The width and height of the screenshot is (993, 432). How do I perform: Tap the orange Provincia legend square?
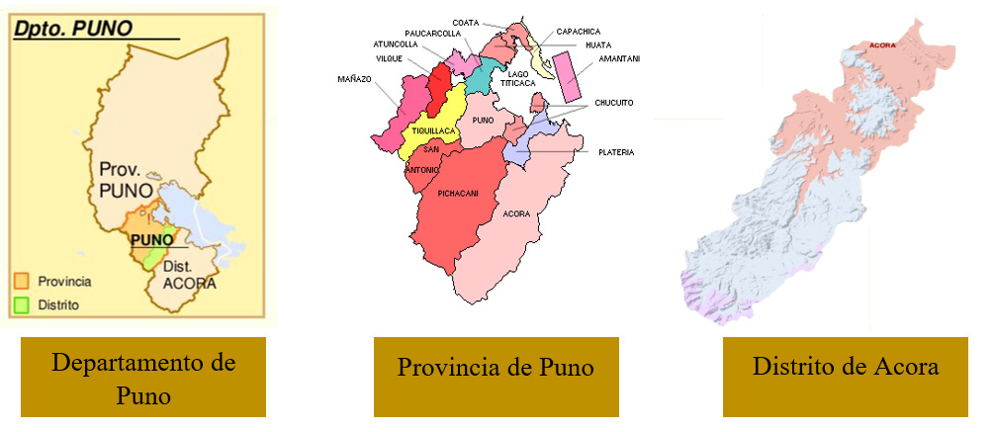24,282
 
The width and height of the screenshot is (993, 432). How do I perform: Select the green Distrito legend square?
24,304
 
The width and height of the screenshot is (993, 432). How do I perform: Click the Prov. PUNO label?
126,178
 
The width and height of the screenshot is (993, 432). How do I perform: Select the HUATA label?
597,45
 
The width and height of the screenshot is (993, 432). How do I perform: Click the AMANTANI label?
619,59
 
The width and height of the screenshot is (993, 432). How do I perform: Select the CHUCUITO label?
614,102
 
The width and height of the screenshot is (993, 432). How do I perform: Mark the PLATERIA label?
616,151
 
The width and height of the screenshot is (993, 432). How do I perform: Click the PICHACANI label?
458,194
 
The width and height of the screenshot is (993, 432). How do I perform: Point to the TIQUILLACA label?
434,130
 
